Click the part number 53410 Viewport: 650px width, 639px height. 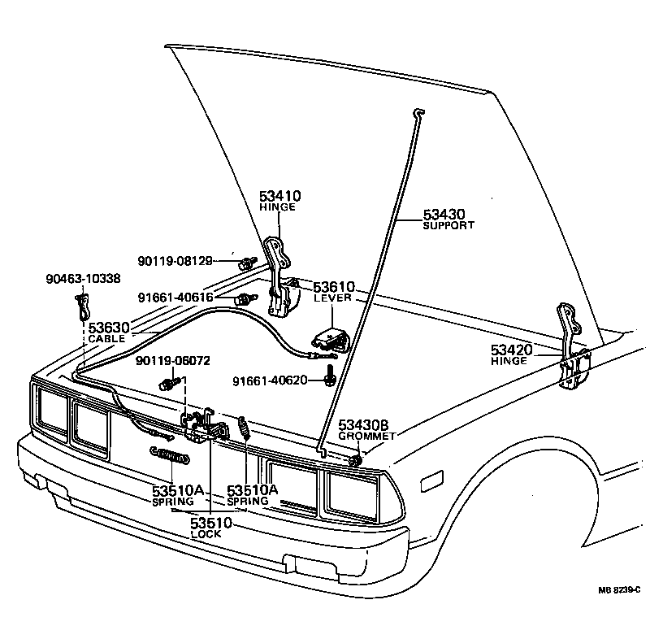coord(280,196)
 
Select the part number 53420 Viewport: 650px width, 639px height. coord(511,350)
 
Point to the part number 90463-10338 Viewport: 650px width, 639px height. coord(83,278)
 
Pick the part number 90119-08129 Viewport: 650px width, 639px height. coord(175,261)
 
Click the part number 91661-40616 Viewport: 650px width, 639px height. coord(175,298)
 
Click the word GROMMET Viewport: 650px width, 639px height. coord(366,437)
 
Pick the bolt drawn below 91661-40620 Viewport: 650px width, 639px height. coord(331,376)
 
